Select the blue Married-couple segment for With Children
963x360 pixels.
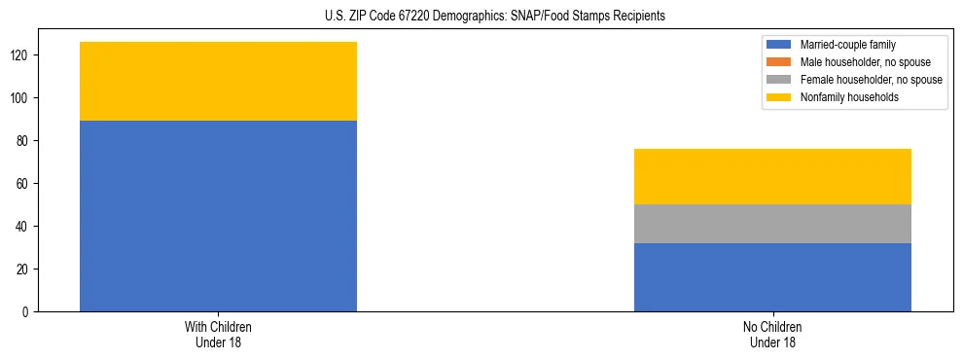coord(218,216)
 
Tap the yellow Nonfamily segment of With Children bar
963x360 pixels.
coord(218,82)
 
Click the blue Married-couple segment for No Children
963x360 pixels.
coord(772,277)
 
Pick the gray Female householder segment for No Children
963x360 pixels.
coord(772,224)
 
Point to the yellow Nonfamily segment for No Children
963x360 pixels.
coord(772,176)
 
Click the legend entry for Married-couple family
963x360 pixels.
coord(847,45)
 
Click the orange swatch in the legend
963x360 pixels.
coord(779,62)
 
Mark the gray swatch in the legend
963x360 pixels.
coord(779,80)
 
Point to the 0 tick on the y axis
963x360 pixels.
coord(26,311)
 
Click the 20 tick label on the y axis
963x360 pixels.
coord(23,270)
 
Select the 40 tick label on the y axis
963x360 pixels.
coord(23,227)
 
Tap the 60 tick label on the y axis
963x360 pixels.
coord(23,184)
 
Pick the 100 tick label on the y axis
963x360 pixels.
coord(20,98)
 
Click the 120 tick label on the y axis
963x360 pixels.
coord(20,55)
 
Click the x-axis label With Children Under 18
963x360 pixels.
coord(218,334)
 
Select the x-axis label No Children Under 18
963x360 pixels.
coord(772,334)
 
